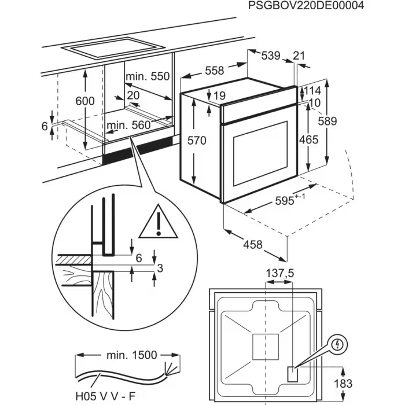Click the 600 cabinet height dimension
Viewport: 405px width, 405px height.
coord(85,101)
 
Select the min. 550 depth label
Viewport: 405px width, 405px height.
coord(149,76)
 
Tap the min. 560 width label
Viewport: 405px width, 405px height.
coord(128,125)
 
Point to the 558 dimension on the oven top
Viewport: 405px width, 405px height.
coord(214,71)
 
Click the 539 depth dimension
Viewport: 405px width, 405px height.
coord(271,56)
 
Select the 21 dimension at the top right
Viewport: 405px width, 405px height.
coord(299,56)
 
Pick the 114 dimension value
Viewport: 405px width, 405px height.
coord(312,91)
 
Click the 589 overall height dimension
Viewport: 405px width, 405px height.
coord(327,122)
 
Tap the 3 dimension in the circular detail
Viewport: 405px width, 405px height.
coord(160,267)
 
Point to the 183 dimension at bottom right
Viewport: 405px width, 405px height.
coord(343,384)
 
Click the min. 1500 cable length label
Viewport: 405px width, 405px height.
coord(131,354)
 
